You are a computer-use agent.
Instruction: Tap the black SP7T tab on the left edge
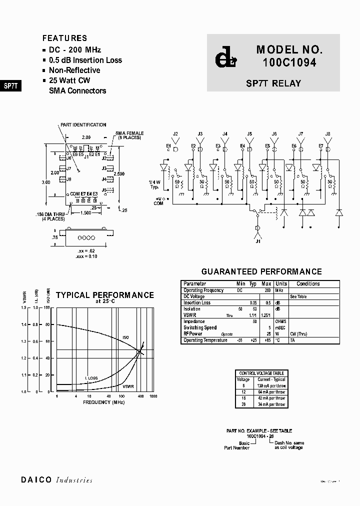[x=10, y=85]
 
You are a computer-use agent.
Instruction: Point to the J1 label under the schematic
[x=258, y=241]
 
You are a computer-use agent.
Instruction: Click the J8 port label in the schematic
[x=327, y=134]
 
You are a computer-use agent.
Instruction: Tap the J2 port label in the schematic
[x=175, y=134]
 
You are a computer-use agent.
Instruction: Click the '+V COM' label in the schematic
[x=158, y=201]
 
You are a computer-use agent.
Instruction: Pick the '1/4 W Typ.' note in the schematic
[x=154, y=184]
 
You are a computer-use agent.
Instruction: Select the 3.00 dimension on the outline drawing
[x=46, y=182]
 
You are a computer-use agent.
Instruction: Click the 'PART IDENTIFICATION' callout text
[x=83, y=125]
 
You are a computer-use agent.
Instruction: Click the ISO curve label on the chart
[x=125, y=337]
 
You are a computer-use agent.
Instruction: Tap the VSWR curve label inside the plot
[x=128, y=386]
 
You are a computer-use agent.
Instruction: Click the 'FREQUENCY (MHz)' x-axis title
[x=103, y=402]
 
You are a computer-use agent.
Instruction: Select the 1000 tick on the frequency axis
[x=153, y=396]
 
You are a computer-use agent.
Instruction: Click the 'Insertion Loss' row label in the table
[x=197, y=303]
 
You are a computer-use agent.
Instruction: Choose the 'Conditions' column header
[x=308, y=284]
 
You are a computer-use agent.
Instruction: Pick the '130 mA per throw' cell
[x=271, y=386]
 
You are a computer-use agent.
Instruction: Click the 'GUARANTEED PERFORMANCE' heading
[x=261, y=271]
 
